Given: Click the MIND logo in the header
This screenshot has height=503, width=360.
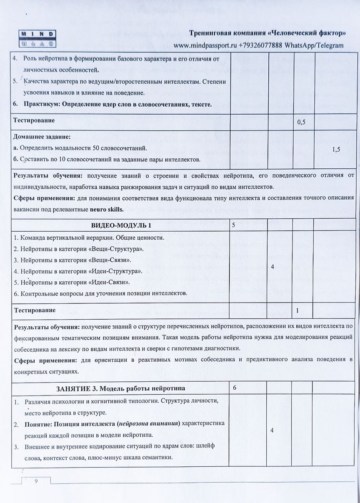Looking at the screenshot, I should [x=37, y=38].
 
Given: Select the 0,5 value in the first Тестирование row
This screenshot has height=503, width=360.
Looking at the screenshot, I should [x=302, y=123].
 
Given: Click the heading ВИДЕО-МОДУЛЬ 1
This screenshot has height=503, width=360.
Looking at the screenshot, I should [x=121, y=225].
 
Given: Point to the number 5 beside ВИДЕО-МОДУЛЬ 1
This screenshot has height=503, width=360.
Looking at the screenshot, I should [x=234, y=225].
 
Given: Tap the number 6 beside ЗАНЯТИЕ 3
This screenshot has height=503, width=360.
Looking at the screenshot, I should [x=235, y=388].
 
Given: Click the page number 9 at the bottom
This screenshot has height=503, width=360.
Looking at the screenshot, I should [x=36, y=481].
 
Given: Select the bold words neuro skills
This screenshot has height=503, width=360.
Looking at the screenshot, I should [x=107, y=209].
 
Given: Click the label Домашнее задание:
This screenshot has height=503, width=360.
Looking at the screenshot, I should [x=42, y=137].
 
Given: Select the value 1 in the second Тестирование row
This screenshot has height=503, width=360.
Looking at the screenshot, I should [x=297, y=310].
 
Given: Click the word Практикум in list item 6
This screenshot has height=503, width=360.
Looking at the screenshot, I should [x=39, y=104].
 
